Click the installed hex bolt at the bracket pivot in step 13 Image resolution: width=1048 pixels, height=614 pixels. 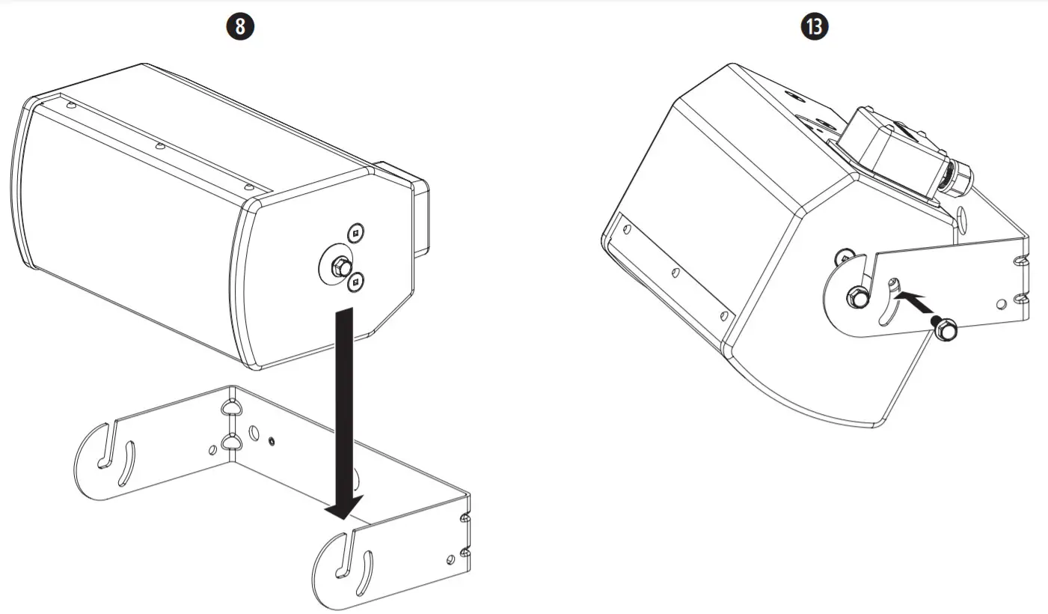click(x=854, y=297)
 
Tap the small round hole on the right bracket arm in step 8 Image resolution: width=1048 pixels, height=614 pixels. click(x=450, y=559)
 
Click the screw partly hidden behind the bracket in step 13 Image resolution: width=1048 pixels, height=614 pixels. click(x=845, y=257)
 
